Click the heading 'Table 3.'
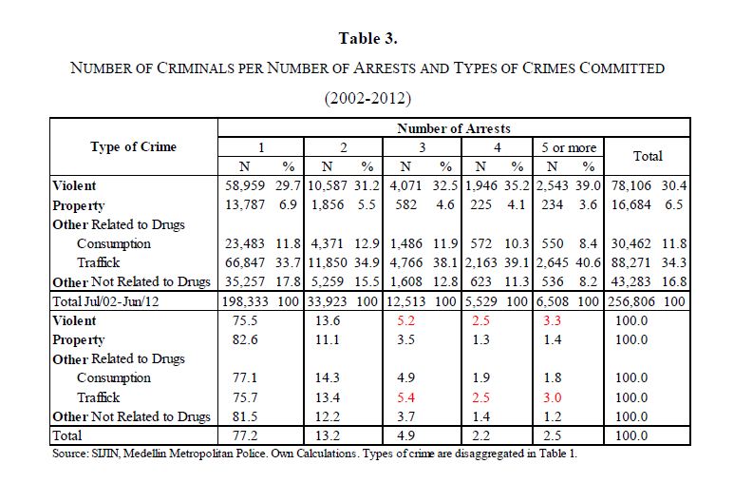click(367, 39)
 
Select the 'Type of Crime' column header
click(133, 146)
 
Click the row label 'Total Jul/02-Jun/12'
click(108, 300)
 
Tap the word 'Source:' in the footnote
click(70, 454)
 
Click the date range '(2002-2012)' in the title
click(367, 97)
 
